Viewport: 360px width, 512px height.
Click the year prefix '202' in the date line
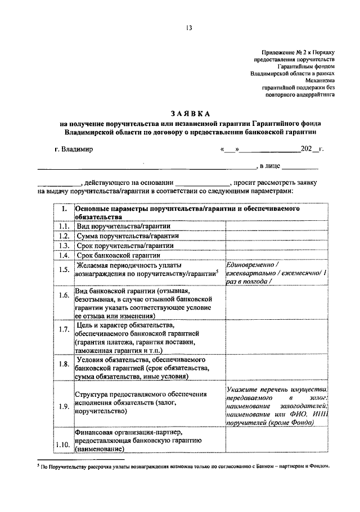[306, 150]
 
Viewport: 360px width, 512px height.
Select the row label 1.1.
[64, 226]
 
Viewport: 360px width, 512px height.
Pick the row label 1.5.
[64, 269]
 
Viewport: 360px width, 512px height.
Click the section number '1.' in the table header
[64, 209]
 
